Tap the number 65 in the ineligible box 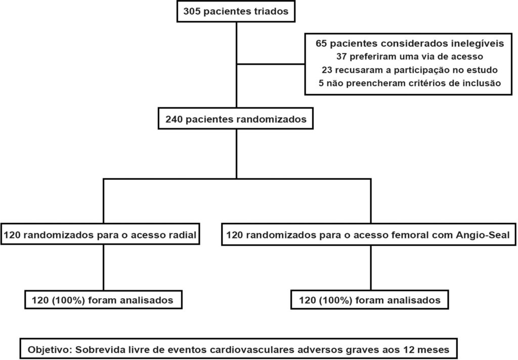(x=321, y=44)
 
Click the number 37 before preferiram (x=341, y=57)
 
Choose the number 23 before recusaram (x=327, y=70)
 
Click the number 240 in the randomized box (x=174, y=119)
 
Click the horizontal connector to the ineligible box (x=271, y=64)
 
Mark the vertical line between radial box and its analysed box (x=104, y=267)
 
